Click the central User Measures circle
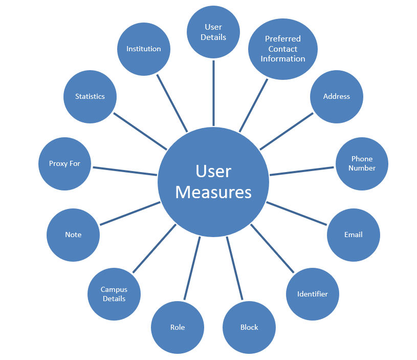click(x=213, y=182)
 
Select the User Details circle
click(x=213, y=32)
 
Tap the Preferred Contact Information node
click(x=283, y=49)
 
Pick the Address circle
click(x=337, y=97)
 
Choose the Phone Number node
click(x=362, y=164)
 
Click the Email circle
click(x=353, y=235)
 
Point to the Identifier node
click(x=313, y=294)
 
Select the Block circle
click(x=249, y=327)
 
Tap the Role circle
click(x=178, y=327)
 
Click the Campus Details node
click(x=114, y=294)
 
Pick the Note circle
click(x=73, y=235)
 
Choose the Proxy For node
click(x=64, y=164)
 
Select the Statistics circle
click(x=90, y=97)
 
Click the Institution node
click(x=144, y=49)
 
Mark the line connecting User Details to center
click(x=213, y=93)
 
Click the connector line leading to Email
click(x=297, y=214)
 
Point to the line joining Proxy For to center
click(x=125, y=171)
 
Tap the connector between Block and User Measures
click(x=234, y=268)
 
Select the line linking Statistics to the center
click(x=140, y=131)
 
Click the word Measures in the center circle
click(x=213, y=192)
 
